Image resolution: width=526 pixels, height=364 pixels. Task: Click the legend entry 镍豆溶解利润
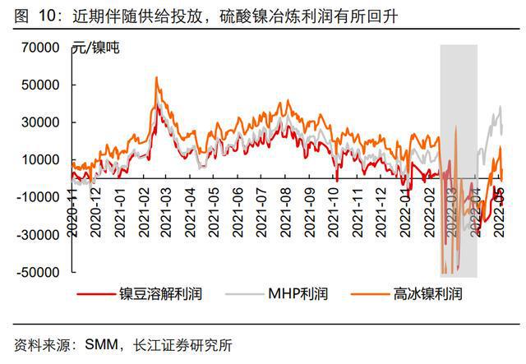(x=160, y=293)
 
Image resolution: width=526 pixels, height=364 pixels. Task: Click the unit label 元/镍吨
(x=97, y=48)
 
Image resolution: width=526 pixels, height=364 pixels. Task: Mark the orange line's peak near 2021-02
(x=156, y=78)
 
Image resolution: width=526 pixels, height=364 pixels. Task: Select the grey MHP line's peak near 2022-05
(x=500, y=106)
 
